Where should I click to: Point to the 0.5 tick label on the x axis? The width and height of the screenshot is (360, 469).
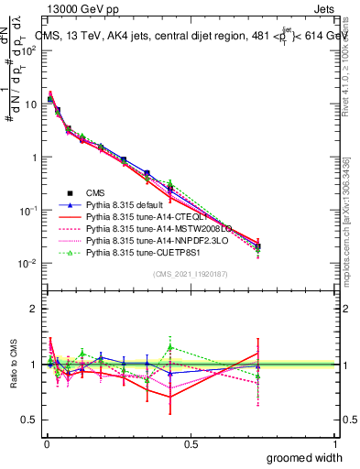pos(191,444)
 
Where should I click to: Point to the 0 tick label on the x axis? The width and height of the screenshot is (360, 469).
pos(46,444)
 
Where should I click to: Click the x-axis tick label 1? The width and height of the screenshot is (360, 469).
pos(335,444)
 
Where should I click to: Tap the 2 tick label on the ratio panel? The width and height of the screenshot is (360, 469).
pos(34,309)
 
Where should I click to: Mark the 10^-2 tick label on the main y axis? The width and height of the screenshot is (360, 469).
pos(28,264)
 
